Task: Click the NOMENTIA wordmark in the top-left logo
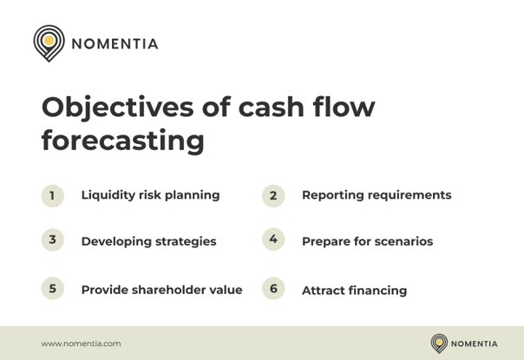[115, 43]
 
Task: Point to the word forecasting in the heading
[122, 141]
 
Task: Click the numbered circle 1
[53, 195]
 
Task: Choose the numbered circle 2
[273, 195]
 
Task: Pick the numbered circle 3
[53, 240]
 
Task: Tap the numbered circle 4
[273, 239]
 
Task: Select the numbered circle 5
[53, 289]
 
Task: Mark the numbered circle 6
[273, 289]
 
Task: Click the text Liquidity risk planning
[150, 195]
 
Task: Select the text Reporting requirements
[376, 195]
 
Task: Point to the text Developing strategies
[148, 241]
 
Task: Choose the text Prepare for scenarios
[367, 241]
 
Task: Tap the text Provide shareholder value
[161, 290]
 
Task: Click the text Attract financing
[354, 291]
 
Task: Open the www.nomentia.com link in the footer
[81, 344]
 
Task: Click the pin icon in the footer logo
[440, 343]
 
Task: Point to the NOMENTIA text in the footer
[475, 344]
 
